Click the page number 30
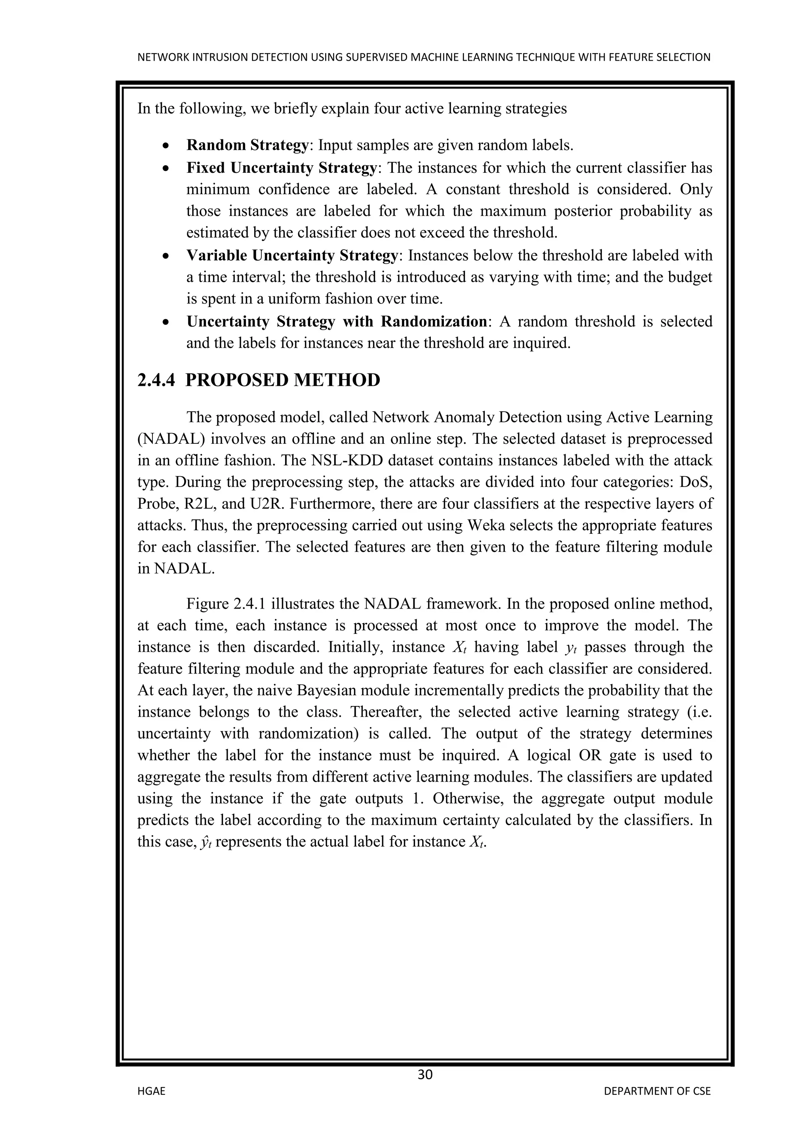(x=425, y=1074)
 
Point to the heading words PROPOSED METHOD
(x=283, y=381)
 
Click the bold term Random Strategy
(x=247, y=145)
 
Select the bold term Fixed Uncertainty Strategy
(x=281, y=168)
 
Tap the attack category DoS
(x=699, y=482)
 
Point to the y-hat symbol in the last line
(x=204, y=842)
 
